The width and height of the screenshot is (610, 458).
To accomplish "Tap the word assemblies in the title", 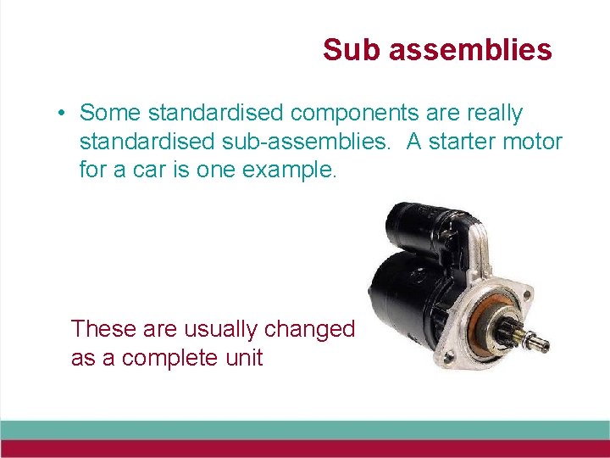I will click(470, 50).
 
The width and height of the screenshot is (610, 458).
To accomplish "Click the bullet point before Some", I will click(63, 114).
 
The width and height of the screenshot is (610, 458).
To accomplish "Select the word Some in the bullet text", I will click(111, 113).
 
